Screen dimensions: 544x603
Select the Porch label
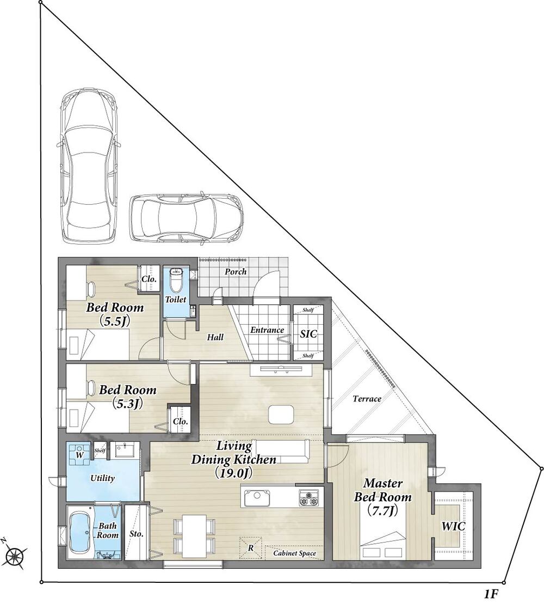(x=236, y=271)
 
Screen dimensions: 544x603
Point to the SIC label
(x=308, y=334)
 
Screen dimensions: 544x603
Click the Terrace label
(x=367, y=399)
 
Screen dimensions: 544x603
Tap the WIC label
(x=453, y=526)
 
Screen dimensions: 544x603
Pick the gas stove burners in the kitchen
(x=309, y=498)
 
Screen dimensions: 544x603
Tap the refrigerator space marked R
(x=251, y=547)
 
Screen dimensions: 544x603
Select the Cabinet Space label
(x=295, y=553)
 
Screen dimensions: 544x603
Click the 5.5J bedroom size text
(x=114, y=321)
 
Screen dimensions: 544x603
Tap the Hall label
(x=215, y=337)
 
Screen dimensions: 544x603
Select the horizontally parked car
(x=187, y=218)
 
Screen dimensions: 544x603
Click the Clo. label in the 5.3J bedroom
(x=180, y=421)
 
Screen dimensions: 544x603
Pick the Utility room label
(x=102, y=478)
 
